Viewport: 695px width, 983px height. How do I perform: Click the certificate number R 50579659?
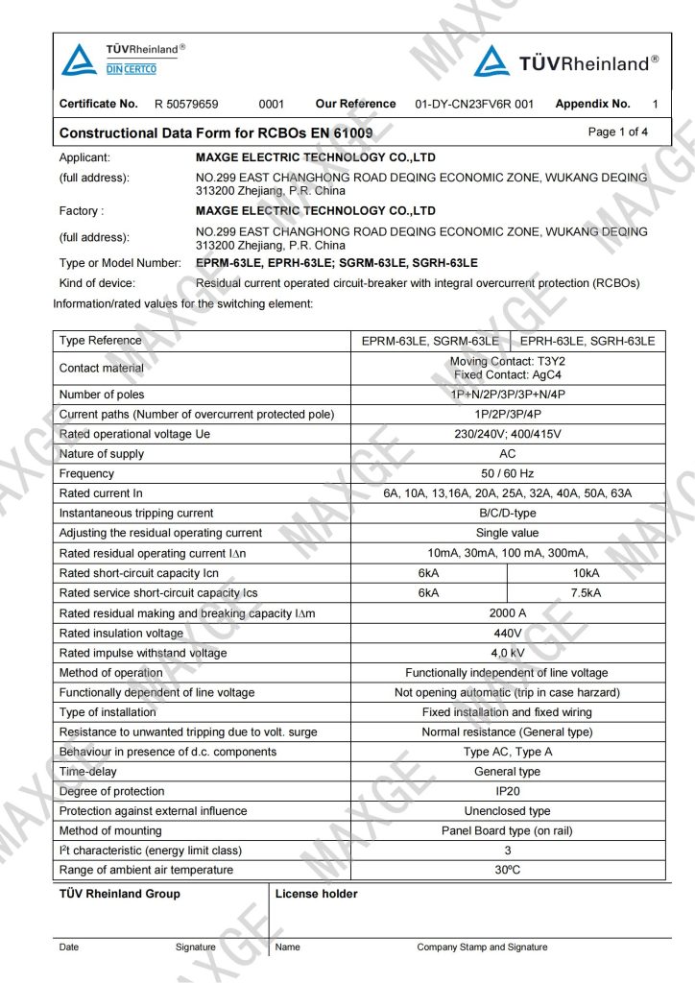click(186, 104)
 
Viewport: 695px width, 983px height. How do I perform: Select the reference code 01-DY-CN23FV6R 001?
click(473, 104)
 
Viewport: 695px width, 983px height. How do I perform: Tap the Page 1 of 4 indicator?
click(617, 132)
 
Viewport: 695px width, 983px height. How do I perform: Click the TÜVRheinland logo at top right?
click(566, 62)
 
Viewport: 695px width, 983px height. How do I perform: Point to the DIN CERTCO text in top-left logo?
click(130, 69)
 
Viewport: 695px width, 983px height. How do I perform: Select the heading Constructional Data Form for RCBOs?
click(216, 132)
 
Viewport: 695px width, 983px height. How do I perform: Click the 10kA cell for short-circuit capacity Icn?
click(586, 573)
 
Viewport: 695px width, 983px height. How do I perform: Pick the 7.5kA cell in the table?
click(586, 593)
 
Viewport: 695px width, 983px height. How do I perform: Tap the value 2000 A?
click(507, 613)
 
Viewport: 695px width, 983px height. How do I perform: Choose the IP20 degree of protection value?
click(507, 791)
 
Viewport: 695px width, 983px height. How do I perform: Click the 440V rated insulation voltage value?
click(507, 634)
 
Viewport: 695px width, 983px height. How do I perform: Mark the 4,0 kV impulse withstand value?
click(507, 653)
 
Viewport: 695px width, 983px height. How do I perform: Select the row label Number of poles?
click(102, 395)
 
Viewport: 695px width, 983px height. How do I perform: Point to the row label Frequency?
click(86, 473)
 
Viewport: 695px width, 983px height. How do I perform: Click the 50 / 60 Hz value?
click(507, 473)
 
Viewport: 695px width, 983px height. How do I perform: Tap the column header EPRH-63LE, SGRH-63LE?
click(587, 341)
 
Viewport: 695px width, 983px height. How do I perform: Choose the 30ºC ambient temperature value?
click(507, 870)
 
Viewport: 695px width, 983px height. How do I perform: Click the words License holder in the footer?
click(316, 894)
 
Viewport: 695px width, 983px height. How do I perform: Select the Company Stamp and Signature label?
click(482, 947)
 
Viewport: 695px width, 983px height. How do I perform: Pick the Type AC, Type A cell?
click(507, 752)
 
